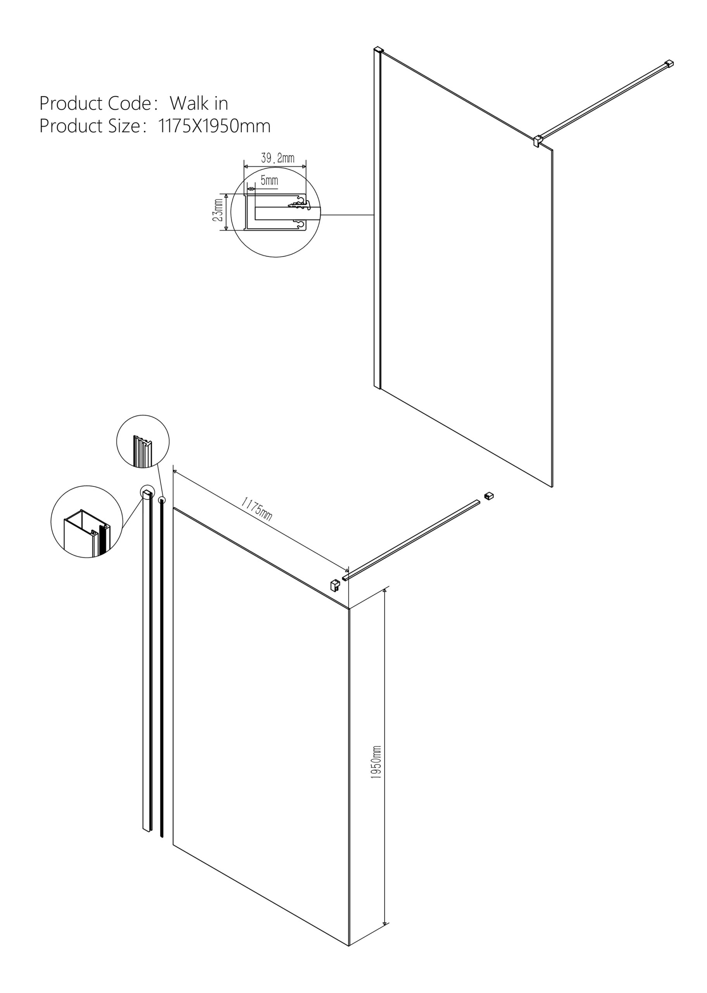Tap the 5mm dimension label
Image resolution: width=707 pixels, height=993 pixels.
point(269,180)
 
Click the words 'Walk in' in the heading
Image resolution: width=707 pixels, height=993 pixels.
point(199,103)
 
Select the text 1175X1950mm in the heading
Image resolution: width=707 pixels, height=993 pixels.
point(214,126)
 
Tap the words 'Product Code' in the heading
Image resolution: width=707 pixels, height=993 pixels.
point(95,103)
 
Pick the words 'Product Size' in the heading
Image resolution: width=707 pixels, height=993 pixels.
point(89,126)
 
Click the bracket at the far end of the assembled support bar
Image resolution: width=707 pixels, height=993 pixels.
point(669,64)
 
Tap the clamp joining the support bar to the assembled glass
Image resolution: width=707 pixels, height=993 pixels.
point(538,141)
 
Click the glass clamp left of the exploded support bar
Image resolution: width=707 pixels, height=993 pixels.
point(335,585)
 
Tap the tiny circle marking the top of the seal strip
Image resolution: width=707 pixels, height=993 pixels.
point(162,500)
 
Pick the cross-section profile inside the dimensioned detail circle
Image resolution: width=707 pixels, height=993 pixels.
point(277,212)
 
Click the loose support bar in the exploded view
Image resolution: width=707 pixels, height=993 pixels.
point(411,540)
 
